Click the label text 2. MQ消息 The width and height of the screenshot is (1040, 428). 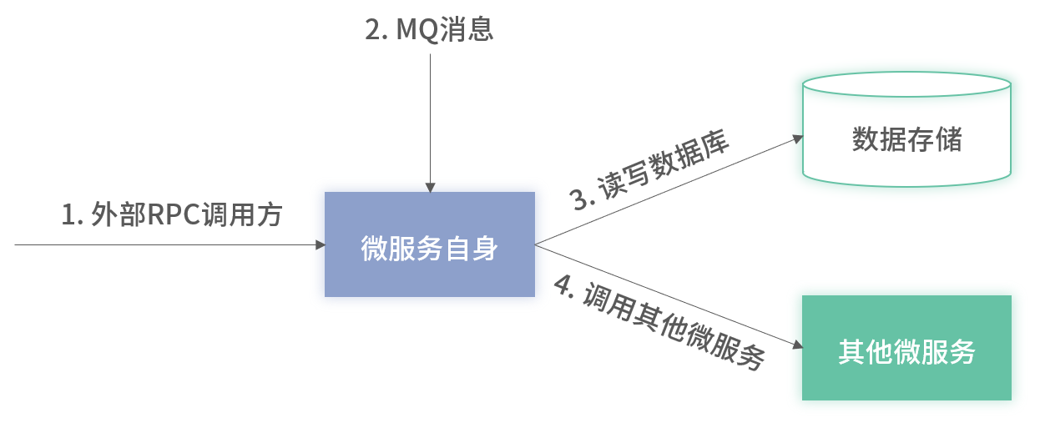(430, 30)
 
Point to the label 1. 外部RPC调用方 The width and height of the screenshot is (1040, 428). (172, 215)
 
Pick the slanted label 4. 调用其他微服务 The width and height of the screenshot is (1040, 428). (659, 324)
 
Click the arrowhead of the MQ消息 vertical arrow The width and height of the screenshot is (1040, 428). (430, 186)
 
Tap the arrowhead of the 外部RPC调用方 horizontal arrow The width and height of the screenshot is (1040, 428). (320, 244)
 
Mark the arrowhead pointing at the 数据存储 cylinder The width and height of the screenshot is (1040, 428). (795, 138)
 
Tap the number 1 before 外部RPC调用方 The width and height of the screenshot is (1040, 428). (68, 216)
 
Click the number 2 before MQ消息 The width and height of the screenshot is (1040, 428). (372, 30)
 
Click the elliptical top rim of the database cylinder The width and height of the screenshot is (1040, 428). (906, 85)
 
